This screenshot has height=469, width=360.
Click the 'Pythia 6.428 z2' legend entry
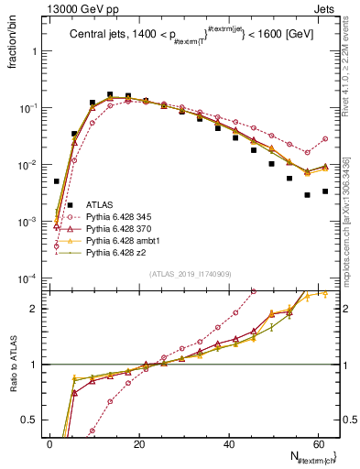tap(117, 256)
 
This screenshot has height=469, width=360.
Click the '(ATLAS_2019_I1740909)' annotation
tap(189, 274)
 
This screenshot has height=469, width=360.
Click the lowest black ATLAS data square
tap(307, 194)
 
